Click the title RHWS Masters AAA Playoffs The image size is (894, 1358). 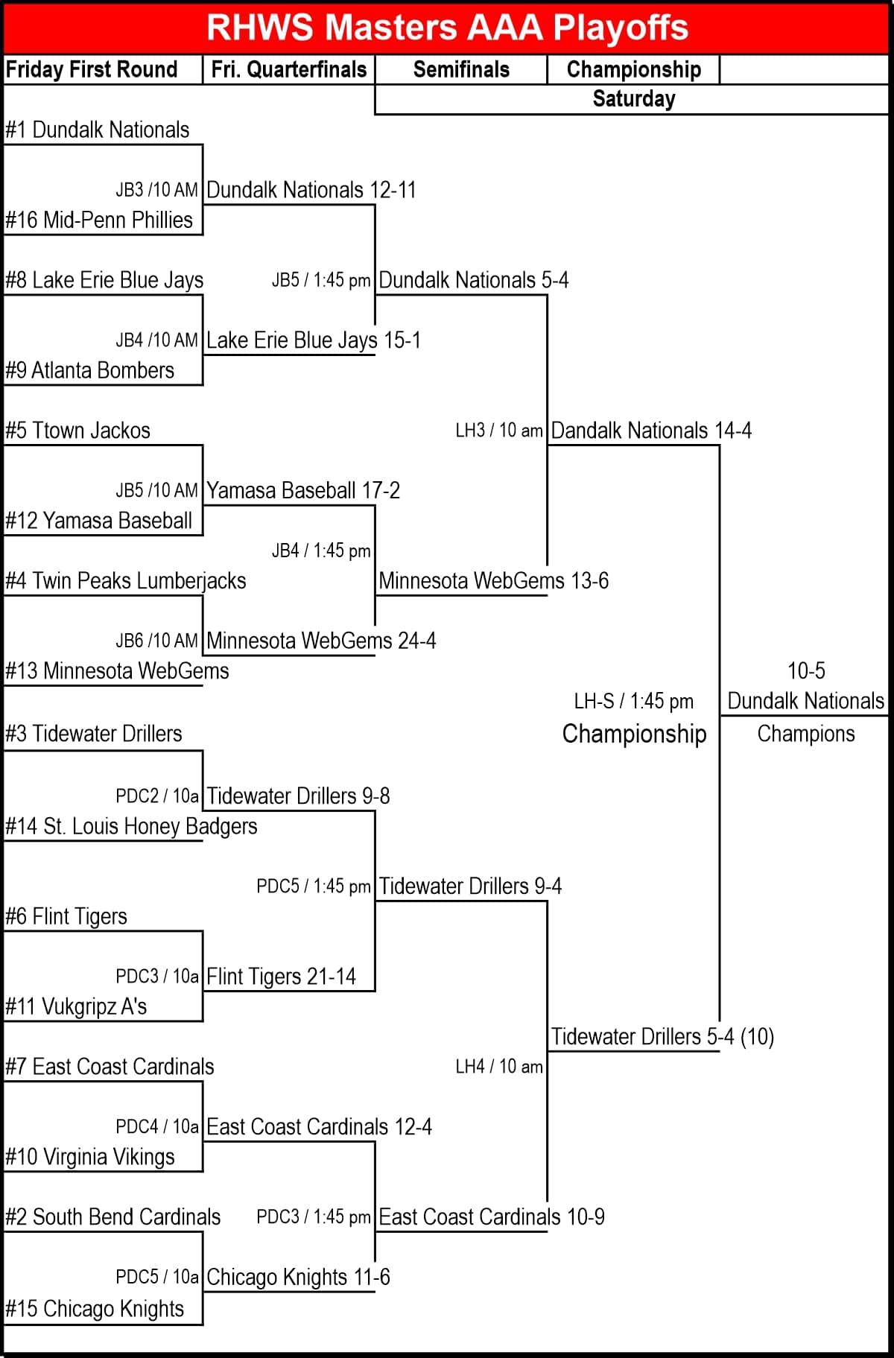(x=447, y=28)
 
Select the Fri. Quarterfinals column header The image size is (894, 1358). (x=289, y=69)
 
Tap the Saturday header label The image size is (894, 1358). (x=633, y=99)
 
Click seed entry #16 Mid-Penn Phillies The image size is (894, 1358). (x=99, y=220)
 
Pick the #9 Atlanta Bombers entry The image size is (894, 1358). (x=90, y=370)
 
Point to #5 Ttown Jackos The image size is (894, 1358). (x=78, y=431)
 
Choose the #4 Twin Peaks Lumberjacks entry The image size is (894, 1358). (x=126, y=580)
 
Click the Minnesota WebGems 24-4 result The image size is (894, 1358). (x=321, y=641)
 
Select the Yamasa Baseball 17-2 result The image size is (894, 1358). (x=303, y=490)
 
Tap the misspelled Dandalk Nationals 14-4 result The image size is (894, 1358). (x=651, y=431)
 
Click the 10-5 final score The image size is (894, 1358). (x=806, y=670)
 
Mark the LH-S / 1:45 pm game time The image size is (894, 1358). (x=633, y=701)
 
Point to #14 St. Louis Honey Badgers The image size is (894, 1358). (x=131, y=826)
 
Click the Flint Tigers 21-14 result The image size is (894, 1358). (x=281, y=976)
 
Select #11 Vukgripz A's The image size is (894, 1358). (x=76, y=1006)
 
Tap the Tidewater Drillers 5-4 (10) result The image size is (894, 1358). (x=662, y=1036)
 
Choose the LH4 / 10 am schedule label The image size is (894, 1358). (x=499, y=1067)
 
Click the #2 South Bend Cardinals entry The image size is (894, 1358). (x=113, y=1216)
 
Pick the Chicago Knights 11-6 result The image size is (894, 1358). (x=298, y=1277)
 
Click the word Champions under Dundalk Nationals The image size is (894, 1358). (x=806, y=734)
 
